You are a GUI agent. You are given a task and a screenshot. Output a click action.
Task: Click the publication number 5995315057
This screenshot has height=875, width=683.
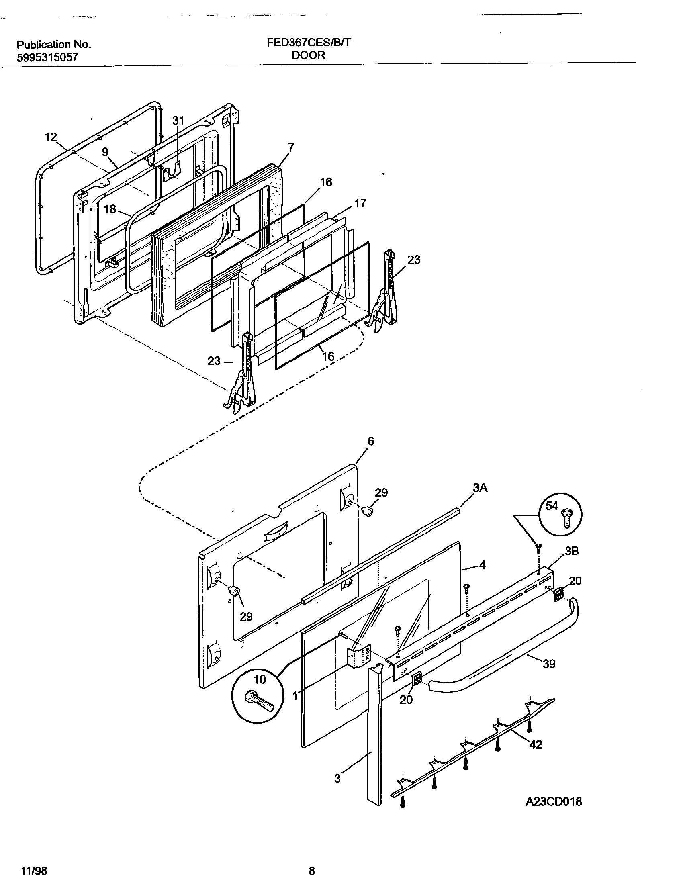click(x=47, y=58)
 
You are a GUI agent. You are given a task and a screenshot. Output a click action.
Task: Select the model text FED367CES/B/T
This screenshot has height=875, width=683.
click(x=309, y=43)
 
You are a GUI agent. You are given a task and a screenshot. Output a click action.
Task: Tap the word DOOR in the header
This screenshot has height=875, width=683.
click(x=309, y=55)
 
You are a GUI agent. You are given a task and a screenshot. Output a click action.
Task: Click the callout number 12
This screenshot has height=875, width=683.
click(x=51, y=137)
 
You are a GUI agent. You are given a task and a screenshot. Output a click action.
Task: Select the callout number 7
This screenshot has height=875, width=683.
click(x=291, y=147)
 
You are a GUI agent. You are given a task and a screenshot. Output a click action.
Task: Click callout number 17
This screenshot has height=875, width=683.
click(x=360, y=203)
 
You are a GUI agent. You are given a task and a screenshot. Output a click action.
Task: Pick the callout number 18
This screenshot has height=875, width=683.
click(x=110, y=209)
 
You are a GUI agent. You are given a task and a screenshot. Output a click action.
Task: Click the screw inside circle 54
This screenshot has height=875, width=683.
click(x=568, y=518)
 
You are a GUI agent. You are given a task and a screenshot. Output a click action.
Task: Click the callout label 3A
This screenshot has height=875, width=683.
click(x=480, y=488)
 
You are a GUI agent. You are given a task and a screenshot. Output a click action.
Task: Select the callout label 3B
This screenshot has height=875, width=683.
click(x=572, y=551)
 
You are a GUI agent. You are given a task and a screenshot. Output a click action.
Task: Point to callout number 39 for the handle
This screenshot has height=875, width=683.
click(x=549, y=664)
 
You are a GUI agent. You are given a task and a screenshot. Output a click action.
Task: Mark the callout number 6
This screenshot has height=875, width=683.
click(x=370, y=441)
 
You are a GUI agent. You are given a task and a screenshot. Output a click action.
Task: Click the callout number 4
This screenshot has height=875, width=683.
click(x=482, y=565)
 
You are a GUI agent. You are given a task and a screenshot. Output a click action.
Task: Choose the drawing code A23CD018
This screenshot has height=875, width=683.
click(x=554, y=802)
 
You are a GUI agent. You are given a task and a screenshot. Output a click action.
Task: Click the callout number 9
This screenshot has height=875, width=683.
click(x=105, y=152)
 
